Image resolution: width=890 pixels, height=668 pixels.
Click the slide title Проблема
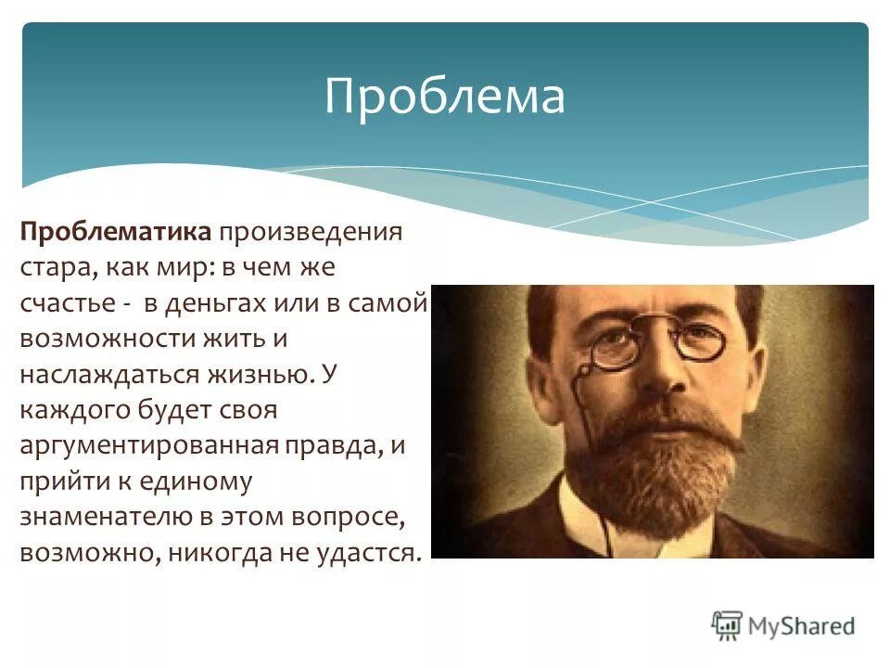tap(444, 96)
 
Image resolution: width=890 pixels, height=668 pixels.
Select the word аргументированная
tap(149, 444)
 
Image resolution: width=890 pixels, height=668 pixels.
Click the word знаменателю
tap(95, 516)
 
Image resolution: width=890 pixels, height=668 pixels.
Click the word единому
tap(195, 481)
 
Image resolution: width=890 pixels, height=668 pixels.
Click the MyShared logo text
tap(802, 625)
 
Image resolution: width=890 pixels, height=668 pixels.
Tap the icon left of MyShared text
tap(727, 624)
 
